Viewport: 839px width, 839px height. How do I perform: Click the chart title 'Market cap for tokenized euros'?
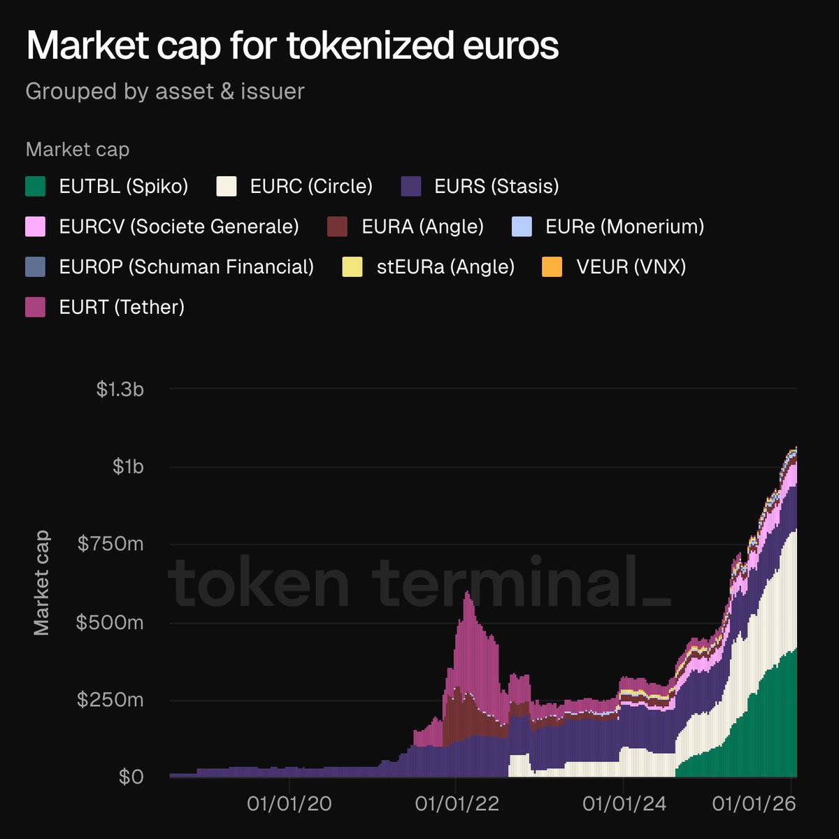[292, 46]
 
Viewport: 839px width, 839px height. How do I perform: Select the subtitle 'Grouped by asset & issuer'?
[165, 92]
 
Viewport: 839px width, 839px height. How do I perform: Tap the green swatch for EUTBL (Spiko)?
[36, 186]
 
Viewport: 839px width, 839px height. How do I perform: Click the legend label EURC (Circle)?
[311, 187]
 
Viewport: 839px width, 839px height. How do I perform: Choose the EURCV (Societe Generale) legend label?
[179, 227]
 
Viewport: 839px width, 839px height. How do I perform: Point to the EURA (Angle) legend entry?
[422, 227]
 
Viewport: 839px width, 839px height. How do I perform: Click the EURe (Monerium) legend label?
[624, 227]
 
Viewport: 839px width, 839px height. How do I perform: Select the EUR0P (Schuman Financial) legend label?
[187, 267]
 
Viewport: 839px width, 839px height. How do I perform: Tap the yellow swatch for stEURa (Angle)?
[352, 267]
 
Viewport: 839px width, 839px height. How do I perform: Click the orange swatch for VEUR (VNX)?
[552, 267]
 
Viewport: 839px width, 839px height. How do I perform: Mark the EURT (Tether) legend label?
[122, 307]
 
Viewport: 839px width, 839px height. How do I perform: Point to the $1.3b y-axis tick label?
[120, 389]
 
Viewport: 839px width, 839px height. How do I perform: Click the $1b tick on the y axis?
[128, 466]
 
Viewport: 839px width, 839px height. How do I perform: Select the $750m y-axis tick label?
[110, 544]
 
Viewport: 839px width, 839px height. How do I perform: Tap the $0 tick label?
[131, 777]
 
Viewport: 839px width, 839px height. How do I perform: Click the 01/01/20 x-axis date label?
[289, 804]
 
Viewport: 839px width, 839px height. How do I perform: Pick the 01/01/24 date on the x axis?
[624, 804]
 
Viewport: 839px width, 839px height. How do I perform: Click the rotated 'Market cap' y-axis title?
[42, 582]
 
